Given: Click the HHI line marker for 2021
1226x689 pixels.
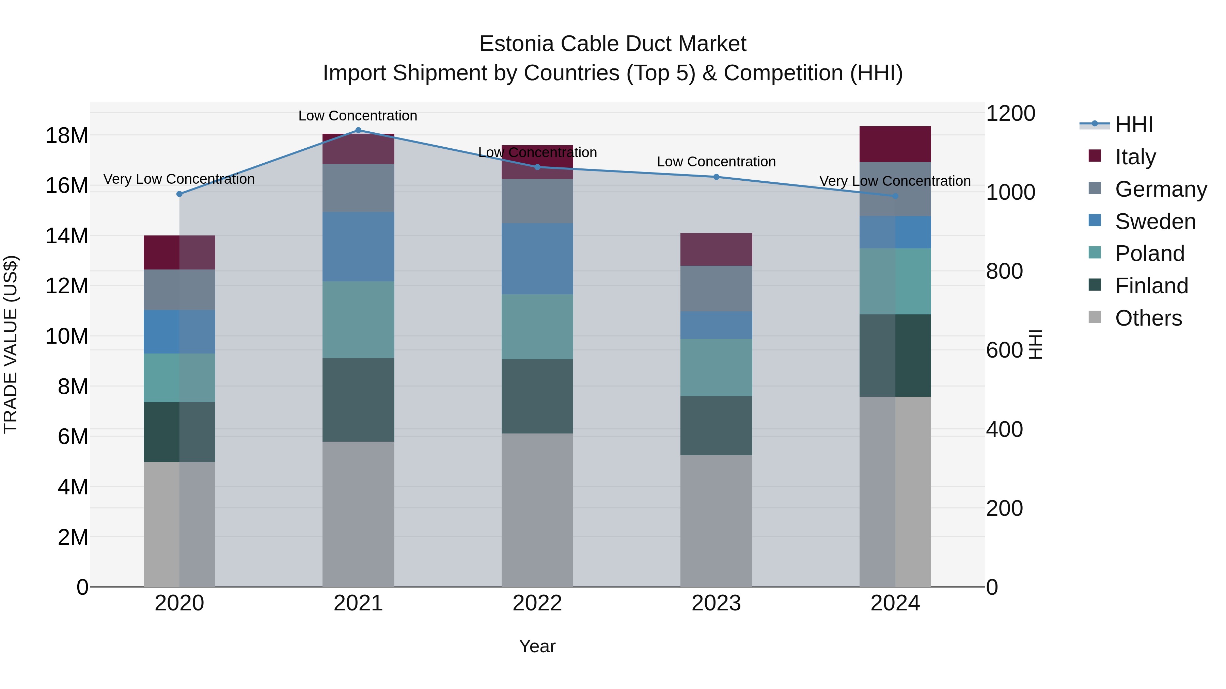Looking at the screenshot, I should point(358,130).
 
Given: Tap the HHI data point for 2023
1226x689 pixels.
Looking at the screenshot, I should point(716,177).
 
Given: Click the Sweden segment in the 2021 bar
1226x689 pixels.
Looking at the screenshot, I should point(358,246).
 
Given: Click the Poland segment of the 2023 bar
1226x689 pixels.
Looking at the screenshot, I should point(716,367).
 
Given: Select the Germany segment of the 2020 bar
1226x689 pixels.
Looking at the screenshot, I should point(179,290).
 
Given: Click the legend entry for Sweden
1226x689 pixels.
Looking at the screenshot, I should point(1155,222).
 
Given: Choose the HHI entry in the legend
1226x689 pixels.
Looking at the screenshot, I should point(1134,125).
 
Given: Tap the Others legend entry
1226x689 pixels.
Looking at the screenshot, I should point(1148,318).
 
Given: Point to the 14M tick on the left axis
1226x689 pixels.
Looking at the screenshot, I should point(67,236).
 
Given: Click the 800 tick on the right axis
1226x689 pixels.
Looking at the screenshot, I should point(1004,271).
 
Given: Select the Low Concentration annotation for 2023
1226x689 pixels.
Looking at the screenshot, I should point(716,162).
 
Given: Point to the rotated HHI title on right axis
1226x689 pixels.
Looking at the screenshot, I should point(1036,344).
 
